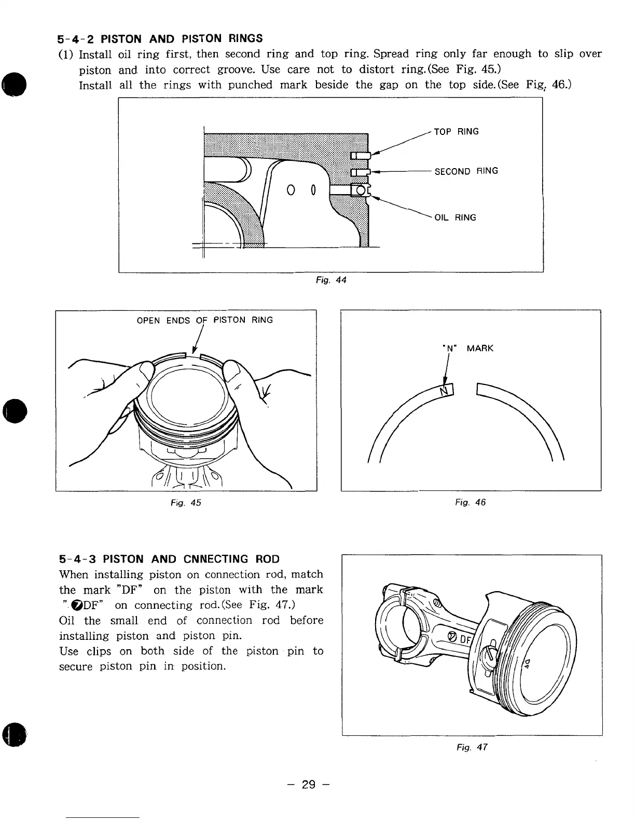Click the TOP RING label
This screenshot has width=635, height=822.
point(456,132)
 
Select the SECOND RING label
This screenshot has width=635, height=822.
point(466,171)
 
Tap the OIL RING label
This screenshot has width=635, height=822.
point(455,217)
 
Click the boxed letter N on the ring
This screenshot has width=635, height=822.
point(445,390)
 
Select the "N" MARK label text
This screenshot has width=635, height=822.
point(467,348)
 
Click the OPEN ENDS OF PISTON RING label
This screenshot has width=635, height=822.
point(204,320)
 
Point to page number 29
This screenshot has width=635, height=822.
point(309,784)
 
